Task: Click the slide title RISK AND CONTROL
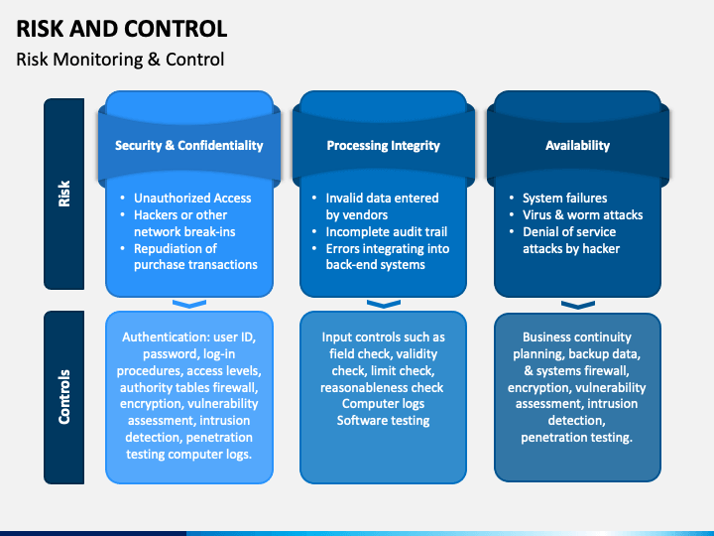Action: click(121, 28)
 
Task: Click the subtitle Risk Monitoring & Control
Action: click(120, 60)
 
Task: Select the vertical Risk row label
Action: click(64, 194)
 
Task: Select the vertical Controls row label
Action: click(64, 397)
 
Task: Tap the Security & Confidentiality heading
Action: click(189, 145)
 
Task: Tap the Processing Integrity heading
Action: click(384, 145)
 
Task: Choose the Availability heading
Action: click(577, 145)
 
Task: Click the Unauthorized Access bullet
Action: click(192, 198)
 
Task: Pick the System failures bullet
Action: click(564, 198)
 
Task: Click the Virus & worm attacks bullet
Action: click(582, 214)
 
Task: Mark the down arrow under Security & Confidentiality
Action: click(188, 304)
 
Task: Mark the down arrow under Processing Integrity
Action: click(383, 304)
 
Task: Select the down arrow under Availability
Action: click(577, 304)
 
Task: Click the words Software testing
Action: click(383, 421)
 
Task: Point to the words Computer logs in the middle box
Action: click(383, 404)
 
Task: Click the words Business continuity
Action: click(577, 337)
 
